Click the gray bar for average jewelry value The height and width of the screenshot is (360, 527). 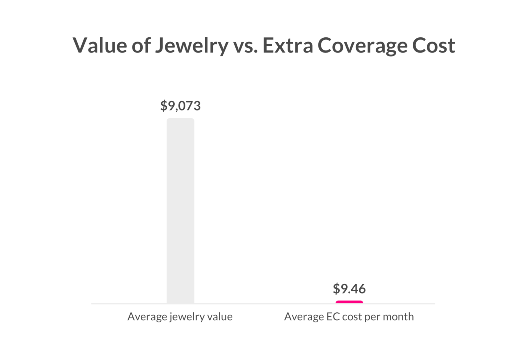pyautogui.click(x=180, y=211)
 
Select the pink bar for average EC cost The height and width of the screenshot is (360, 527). pyautogui.click(x=349, y=302)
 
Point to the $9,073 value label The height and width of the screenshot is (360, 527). pyautogui.click(x=180, y=106)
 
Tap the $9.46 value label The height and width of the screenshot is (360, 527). pyautogui.click(x=349, y=289)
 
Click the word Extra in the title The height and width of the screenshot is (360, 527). pyautogui.click(x=288, y=45)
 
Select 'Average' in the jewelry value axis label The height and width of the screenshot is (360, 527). pyautogui.click(x=147, y=316)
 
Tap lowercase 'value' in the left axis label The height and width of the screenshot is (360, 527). pyautogui.click(x=220, y=316)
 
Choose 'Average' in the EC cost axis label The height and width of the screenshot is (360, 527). pyautogui.click(x=304, y=316)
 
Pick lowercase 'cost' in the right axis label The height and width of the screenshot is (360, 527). pyautogui.click(x=352, y=316)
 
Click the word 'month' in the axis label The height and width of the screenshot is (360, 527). pyautogui.click(x=398, y=316)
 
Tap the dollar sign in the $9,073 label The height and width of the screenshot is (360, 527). pyautogui.click(x=164, y=106)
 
